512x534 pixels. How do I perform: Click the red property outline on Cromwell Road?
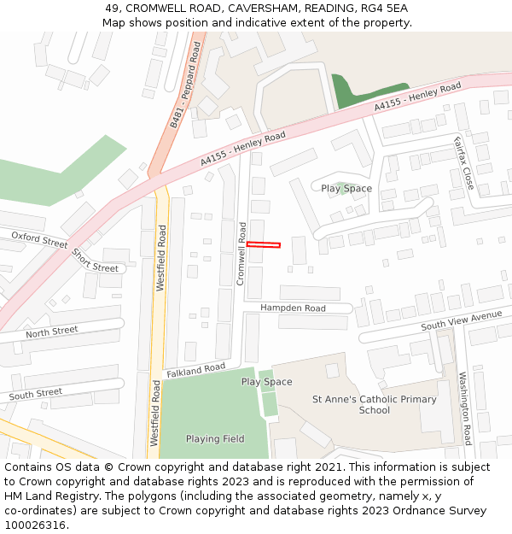264,245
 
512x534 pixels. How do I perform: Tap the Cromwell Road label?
241,254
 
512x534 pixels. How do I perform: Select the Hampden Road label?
293,308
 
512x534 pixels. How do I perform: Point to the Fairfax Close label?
463,161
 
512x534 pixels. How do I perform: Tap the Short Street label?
94,260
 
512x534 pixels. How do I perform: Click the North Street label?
51,332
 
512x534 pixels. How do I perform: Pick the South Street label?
36,394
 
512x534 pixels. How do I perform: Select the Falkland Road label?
196,370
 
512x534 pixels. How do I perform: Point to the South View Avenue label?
462,321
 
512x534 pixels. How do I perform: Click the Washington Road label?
465,408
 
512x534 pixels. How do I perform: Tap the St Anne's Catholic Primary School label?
374,404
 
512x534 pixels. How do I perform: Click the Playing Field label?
215,439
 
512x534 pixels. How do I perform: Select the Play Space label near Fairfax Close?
346,188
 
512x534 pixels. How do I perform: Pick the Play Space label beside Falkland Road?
266,382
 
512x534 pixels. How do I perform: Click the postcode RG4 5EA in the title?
385,9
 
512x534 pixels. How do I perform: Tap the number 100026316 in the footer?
35,525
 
